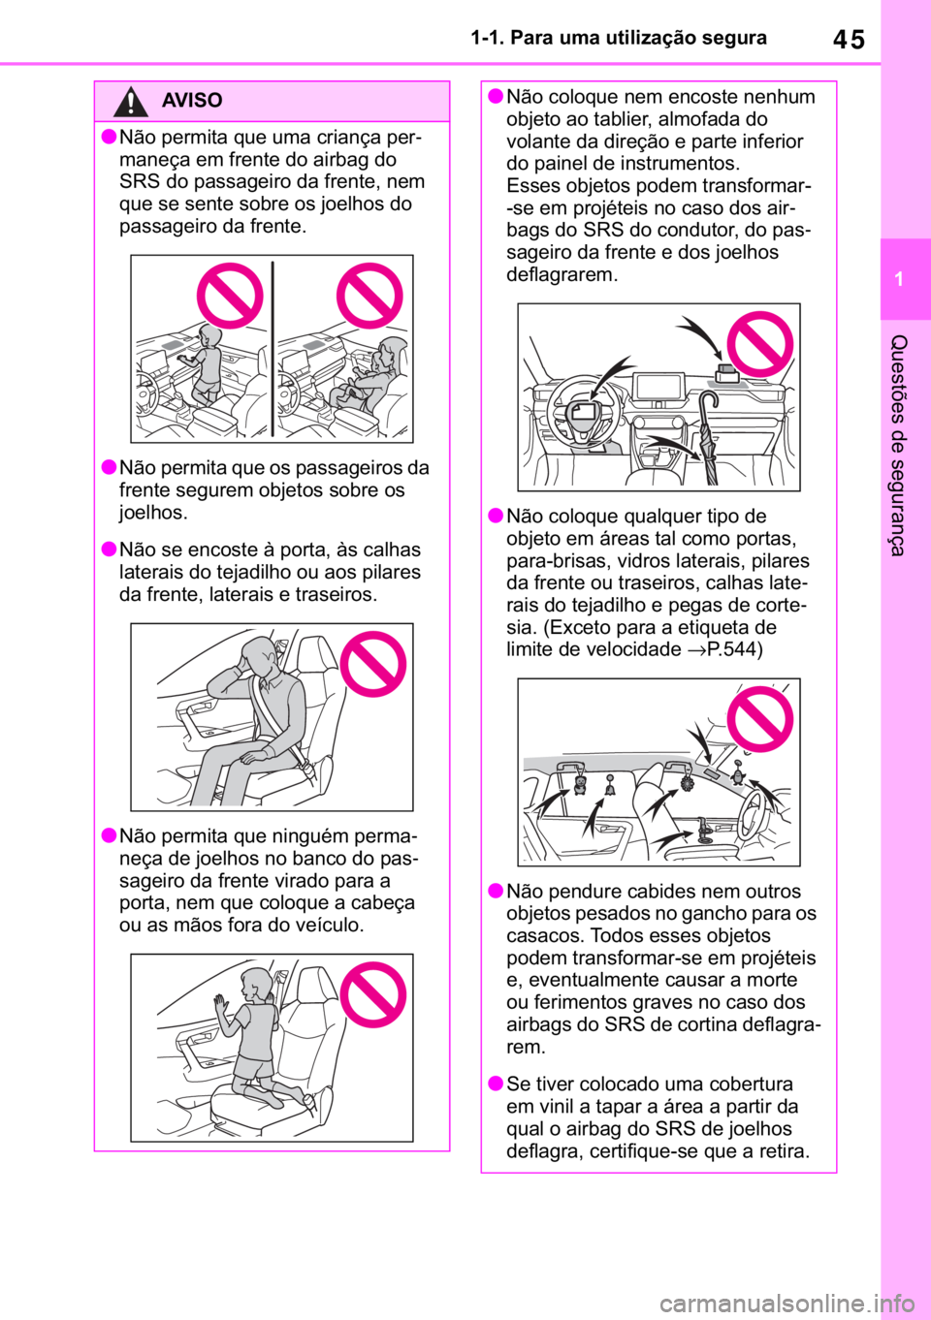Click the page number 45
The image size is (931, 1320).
point(849,40)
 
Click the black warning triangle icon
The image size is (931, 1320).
point(130,102)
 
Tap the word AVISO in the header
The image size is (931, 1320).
point(192,100)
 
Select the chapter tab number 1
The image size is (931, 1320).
point(899,279)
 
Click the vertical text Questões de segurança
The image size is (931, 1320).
point(899,445)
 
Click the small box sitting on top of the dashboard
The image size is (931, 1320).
point(725,373)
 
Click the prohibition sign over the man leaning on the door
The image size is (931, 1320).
point(373,664)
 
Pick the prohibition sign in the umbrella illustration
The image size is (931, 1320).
point(760,344)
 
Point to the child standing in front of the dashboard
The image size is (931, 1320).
point(203,365)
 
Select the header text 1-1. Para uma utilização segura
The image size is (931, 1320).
point(619,38)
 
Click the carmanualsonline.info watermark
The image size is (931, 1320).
point(787,1304)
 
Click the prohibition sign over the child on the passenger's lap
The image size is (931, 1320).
point(369,296)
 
